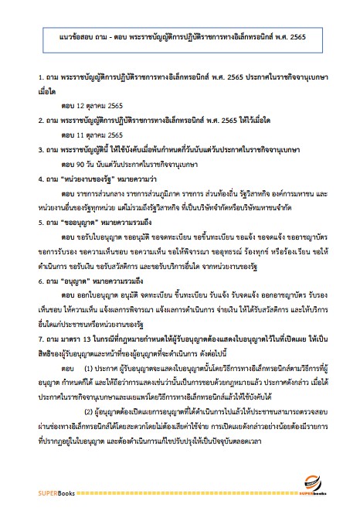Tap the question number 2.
coord(40,121)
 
